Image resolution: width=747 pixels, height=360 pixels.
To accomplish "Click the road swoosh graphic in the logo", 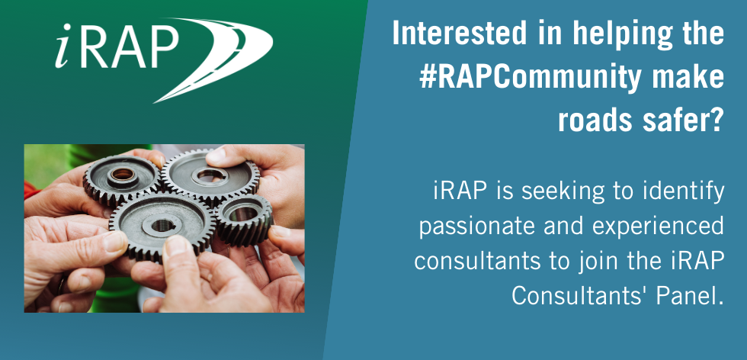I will [229, 57].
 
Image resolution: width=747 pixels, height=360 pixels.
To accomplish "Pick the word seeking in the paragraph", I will [571, 193].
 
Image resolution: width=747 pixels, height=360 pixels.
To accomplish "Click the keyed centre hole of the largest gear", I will [163, 225].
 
